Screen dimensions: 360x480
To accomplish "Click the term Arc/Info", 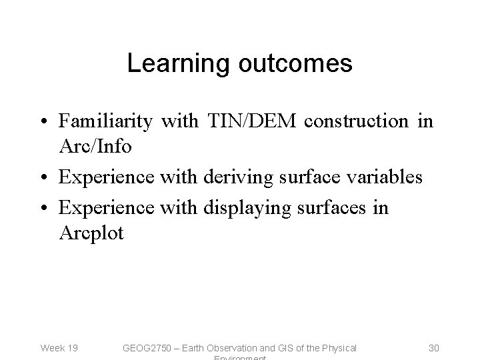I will pos(96,145).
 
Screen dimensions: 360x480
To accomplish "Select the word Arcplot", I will pos(91,234).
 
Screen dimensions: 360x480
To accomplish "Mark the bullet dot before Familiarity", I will pos(44,122).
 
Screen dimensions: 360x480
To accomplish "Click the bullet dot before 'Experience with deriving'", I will pos(44,178).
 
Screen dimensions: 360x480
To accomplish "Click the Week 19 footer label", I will pos(59,347).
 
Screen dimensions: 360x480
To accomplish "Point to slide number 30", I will pos(434,347).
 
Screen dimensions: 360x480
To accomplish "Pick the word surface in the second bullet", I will pos(309,177).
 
